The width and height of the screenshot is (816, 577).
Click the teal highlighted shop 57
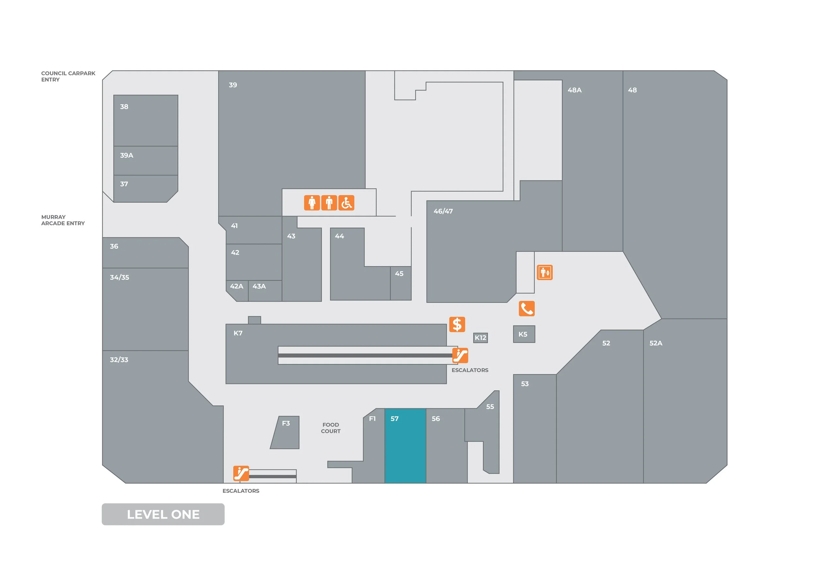pos(405,446)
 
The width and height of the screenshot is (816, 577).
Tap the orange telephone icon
pos(527,308)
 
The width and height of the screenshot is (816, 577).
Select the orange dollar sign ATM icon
pos(457,324)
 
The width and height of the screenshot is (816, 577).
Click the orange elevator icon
pos(544,273)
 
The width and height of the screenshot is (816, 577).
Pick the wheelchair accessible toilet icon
pos(346,203)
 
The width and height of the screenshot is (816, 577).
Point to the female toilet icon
pos(312,203)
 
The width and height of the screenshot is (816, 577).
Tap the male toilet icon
pos(329,203)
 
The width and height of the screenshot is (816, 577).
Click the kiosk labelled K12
pos(480,337)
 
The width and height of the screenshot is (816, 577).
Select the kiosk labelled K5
pos(524,334)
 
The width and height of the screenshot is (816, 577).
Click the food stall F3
pos(286,433)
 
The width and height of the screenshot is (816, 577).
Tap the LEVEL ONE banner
pos(163,514)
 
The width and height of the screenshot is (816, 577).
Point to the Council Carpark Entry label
pos(68,76)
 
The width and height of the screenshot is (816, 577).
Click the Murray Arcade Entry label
pos(63,220)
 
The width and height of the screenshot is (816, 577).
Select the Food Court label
pos(331,428)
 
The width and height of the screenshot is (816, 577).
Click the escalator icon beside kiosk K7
pos(460,355)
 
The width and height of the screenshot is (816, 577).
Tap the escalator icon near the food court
pos(241,473)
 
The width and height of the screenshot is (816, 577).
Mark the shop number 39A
pos(127,155)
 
